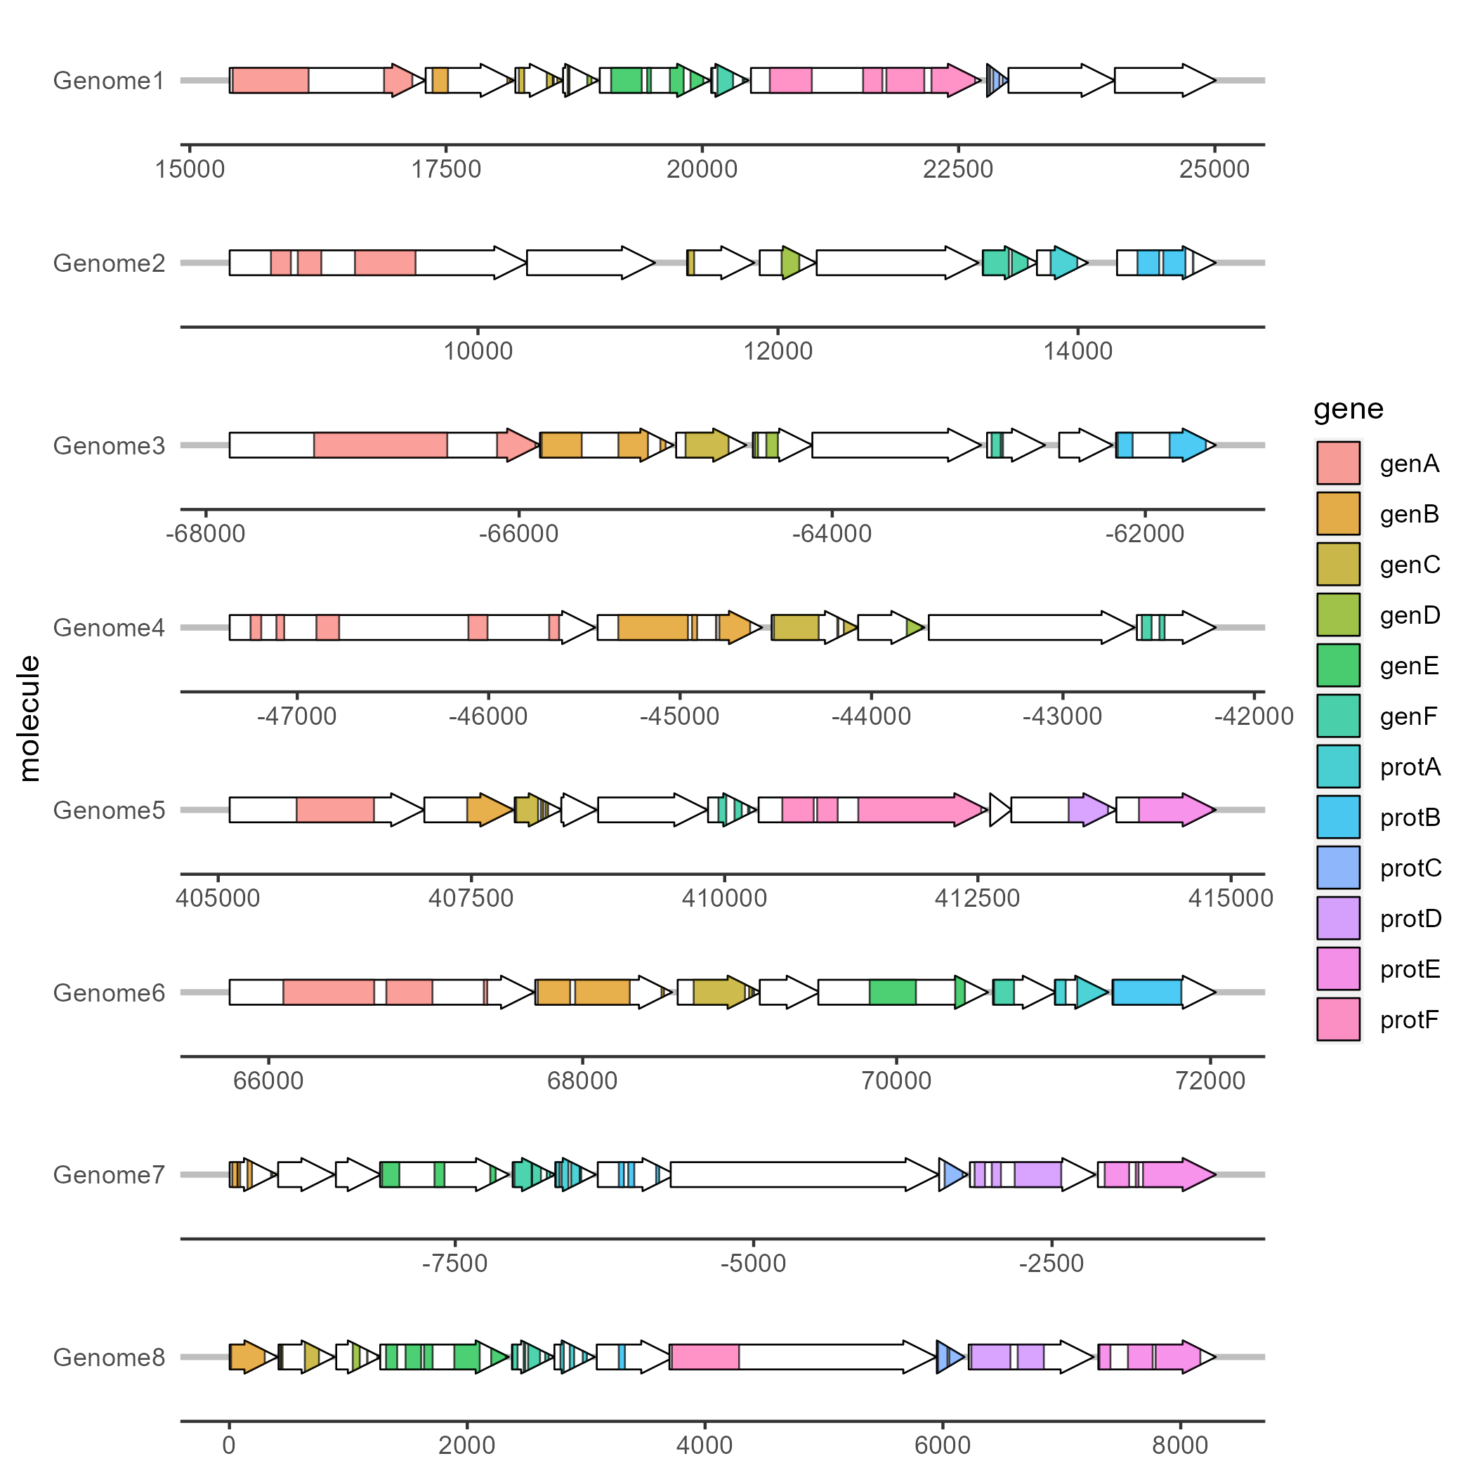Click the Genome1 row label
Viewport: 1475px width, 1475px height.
(108, 81)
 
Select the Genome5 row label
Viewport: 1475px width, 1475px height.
(108, 810)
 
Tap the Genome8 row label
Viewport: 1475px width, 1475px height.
(108, 1358)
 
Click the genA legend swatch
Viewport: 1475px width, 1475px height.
(1337, 464)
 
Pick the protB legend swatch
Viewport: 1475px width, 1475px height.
(1337, 817)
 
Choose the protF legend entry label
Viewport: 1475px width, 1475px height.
(1410, 1019)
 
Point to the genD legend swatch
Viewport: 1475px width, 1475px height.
(1337, 615)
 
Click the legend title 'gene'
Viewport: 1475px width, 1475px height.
(1349, 409)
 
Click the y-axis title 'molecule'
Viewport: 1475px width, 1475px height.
(29, 719)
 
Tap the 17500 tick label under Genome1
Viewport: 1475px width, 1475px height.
(446, 169)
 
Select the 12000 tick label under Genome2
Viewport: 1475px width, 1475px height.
(778, 351)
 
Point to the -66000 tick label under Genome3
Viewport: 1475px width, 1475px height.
(518, 534)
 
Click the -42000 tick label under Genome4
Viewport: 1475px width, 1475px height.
(1254, 716)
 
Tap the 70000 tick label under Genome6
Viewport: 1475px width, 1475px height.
(896, 1081)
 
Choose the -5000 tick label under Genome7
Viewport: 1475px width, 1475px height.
(753, 1264)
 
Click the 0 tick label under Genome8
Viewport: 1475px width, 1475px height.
(229, 1445)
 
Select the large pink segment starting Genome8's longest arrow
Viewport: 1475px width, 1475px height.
(704, 1358)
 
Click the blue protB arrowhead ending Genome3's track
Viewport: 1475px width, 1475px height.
(1189, 445)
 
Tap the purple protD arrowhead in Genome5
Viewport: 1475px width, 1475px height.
(1089, 810)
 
